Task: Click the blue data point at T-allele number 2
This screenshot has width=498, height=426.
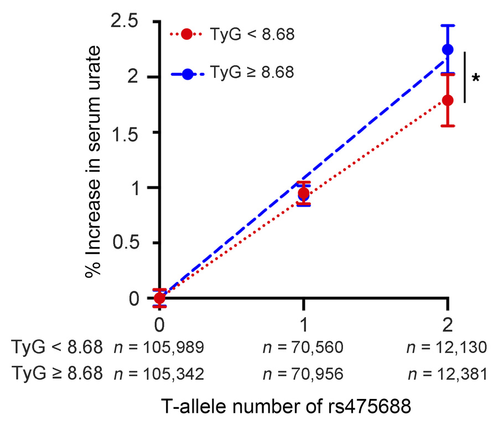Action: (x=447, y=50)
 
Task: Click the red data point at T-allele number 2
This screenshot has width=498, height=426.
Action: (x=447, y=100)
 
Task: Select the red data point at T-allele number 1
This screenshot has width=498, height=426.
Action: (x=303, y=193)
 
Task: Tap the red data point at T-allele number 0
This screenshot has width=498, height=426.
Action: (x=159, y=298)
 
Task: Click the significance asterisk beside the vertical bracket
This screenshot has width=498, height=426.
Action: (x=475, y=78)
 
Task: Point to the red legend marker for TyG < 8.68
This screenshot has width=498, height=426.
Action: (x=187, y=34)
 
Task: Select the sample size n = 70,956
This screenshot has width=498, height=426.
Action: (x=303, y=374)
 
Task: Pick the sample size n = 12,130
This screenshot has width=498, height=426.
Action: (x=447, y=348)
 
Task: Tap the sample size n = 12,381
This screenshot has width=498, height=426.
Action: (x=447, y=374)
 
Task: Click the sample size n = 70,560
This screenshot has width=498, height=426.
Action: (x=303, y=348)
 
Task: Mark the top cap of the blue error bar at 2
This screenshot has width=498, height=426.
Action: (x=447, y=25)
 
